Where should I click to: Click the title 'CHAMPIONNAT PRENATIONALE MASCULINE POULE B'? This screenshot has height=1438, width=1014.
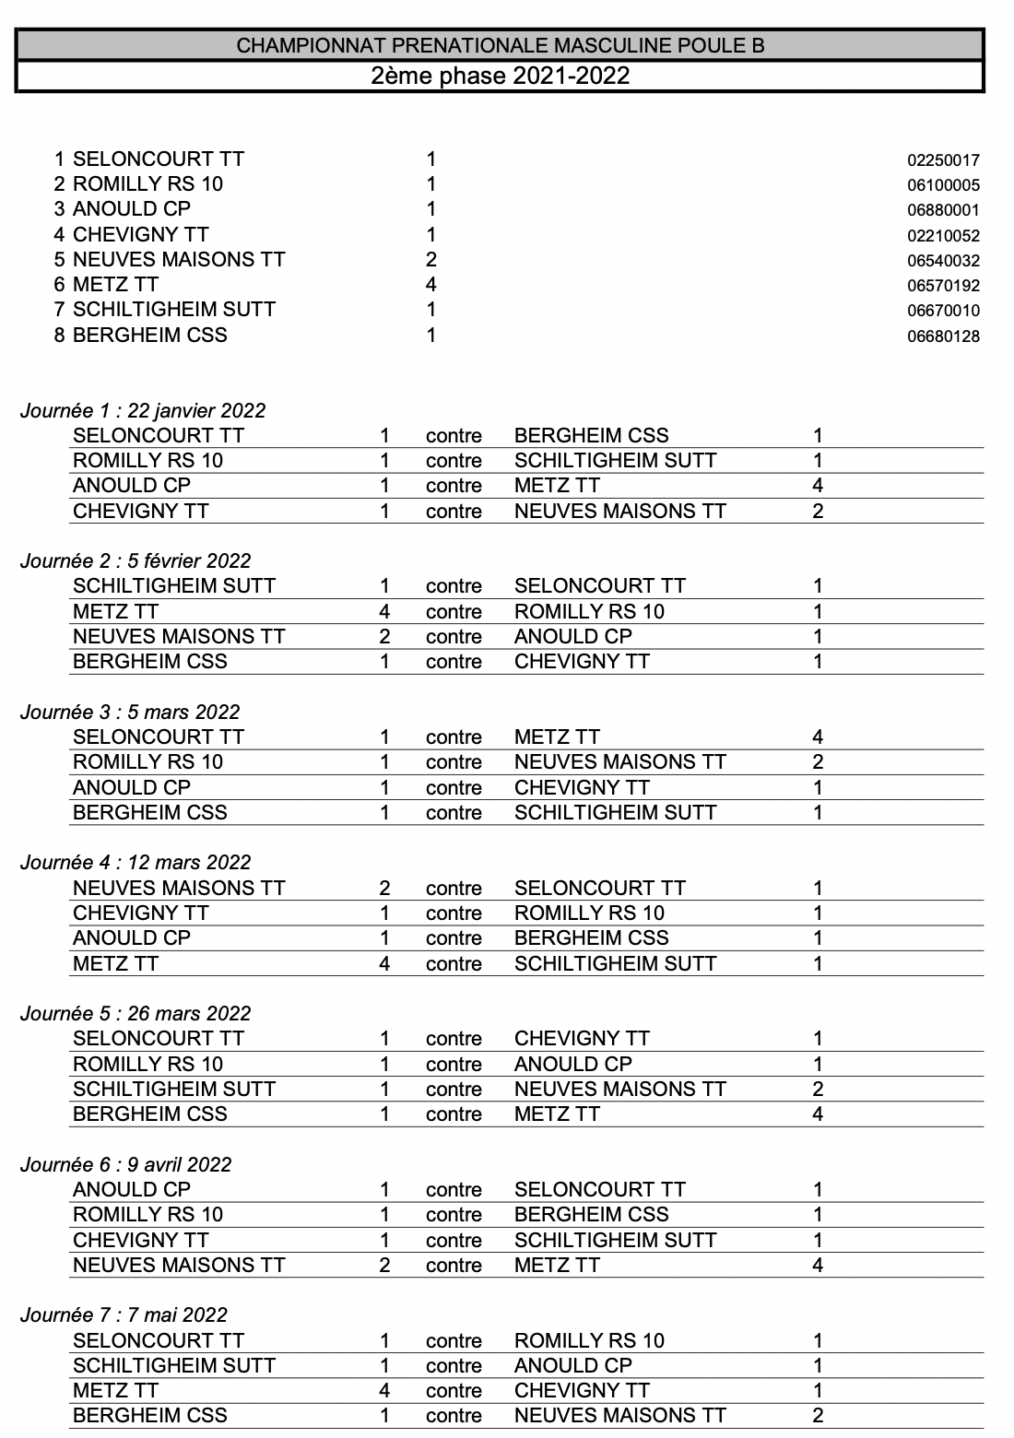501,45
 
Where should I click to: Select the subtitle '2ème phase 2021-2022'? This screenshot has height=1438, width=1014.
501,76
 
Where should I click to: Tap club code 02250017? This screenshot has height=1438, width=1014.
943,160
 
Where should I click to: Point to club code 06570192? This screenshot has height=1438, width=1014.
943,286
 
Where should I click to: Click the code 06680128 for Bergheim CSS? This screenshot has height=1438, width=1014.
943,336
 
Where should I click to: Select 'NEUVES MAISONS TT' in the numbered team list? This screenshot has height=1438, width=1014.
179,260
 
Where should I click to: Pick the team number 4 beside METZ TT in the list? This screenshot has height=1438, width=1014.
430,285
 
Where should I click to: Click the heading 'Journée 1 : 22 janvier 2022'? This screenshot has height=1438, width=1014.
143,411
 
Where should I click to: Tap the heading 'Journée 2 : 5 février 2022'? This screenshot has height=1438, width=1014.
136,561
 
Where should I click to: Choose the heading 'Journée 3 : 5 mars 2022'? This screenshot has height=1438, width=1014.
130,713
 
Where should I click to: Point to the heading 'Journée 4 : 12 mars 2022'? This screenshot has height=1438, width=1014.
136,863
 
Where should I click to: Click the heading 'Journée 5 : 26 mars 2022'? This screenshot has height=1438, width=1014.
136,1014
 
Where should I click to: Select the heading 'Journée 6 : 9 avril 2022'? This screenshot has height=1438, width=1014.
126,1165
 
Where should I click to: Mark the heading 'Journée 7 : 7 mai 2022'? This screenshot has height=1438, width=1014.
124,1315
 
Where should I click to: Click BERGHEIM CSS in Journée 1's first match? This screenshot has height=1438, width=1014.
591,436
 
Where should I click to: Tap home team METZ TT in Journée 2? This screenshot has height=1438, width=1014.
115,612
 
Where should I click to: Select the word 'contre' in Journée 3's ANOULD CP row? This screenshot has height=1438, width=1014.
454,788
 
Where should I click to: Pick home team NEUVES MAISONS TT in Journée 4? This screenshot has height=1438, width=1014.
179,889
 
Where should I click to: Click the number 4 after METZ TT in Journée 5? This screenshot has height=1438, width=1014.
817,1114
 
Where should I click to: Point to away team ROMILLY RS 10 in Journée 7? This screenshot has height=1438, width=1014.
589,1341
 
